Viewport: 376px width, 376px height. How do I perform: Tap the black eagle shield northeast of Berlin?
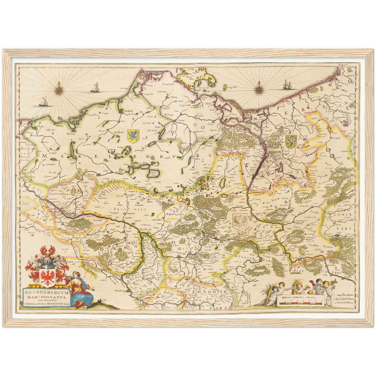(239, 221)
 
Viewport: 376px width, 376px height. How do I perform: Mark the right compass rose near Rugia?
(259, 90)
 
